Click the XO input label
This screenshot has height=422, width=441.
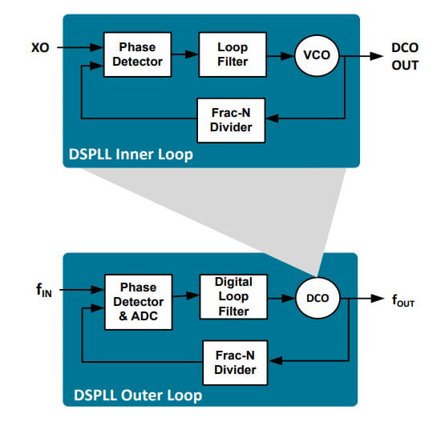tap(39, 47)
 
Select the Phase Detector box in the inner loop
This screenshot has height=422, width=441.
tap(137, 54)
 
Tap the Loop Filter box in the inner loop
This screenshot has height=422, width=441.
tap(233, 54)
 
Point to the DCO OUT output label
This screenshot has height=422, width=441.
tap(405, 55)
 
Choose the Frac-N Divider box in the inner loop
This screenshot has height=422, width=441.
tap(233, 119)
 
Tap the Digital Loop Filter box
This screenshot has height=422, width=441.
tap(233, 296)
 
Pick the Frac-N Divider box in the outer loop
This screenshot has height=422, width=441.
tap(236, 361)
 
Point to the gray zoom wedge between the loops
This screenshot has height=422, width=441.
tap(241, 208)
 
